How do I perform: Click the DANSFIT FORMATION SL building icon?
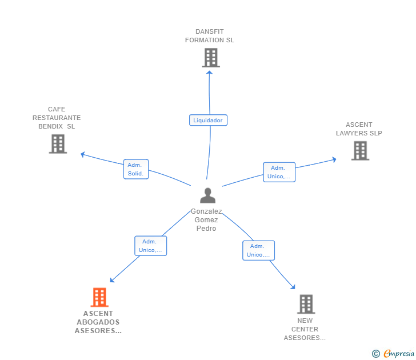pos(211,58)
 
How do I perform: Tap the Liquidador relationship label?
pos(208,120)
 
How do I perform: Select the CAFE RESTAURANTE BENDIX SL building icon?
pos(58,144)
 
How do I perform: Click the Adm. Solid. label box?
pos(136,169)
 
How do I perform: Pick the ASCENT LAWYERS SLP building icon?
pos(360,151)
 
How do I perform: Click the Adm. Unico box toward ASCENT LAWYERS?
pos(279,172)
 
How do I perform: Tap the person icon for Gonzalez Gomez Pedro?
pos(208,195)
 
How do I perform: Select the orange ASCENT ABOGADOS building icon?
pos(99,297)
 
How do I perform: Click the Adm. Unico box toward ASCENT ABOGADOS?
pos(151,246)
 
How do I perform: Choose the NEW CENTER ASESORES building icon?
pos(306,304)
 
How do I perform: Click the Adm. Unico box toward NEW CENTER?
pos(259,250)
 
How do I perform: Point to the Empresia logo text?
pos(399,353)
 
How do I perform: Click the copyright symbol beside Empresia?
pos(375,354)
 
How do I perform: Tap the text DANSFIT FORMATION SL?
pos(210,36)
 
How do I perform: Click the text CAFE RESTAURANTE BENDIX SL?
pos(57,118)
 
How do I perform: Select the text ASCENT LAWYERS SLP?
pos(359,129)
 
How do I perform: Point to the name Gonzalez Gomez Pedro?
pos(206,219)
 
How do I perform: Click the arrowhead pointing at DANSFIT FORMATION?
pos(209,73)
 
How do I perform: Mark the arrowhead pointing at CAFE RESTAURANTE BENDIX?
pos(82,154)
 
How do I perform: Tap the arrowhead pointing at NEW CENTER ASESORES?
pos(293,287)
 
